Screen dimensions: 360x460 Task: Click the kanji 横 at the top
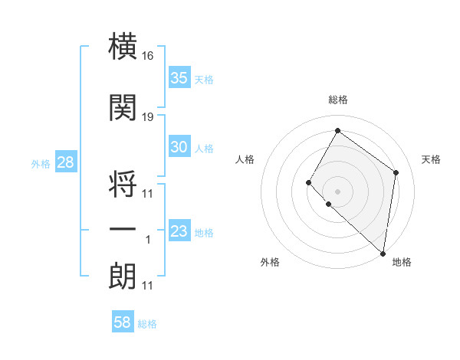tap(123, 47)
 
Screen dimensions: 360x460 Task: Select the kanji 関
tap(123, 108)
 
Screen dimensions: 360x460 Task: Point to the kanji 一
tap(123, 229)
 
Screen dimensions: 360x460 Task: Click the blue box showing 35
tap(179, 77)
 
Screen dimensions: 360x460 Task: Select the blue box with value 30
tap(179, 147)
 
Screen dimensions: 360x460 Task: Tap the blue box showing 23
tap(179, 231)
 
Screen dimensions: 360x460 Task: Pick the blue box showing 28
tap(65, 162)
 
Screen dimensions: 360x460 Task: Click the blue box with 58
tap(123, 322)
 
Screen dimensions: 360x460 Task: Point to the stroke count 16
tap(148, 56)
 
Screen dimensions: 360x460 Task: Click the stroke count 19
tap(148, 116)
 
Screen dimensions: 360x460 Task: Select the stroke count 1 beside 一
tap(148, 240)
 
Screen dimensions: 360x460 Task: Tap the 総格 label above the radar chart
tap(337, 100)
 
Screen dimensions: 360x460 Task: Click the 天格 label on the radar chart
tap(431, 159)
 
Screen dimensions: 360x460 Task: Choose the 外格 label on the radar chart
tap(270, 262)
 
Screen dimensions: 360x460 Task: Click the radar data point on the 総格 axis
tap(337, 131)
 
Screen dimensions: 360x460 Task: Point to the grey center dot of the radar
tap(337, 191)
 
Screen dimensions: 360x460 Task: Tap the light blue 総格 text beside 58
tap(147, 324)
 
